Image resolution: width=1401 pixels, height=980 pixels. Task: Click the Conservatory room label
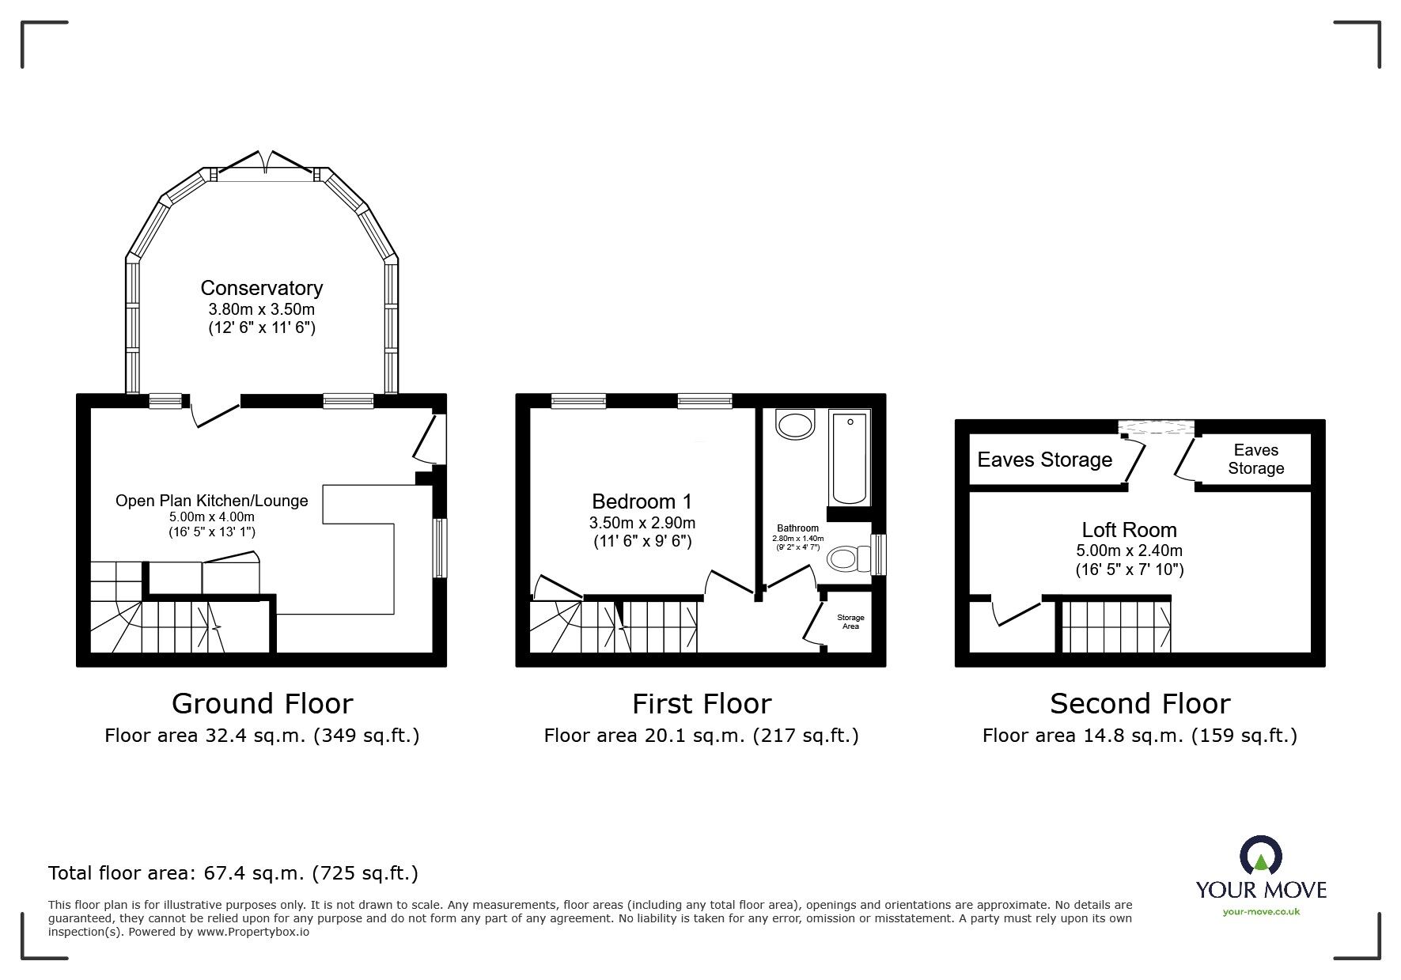261,288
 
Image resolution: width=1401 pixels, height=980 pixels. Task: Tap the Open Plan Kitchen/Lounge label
211,501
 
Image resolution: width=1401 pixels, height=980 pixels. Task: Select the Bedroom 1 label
642,501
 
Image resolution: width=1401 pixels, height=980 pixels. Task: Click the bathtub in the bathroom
849,457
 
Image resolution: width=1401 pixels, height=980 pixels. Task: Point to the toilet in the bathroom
847,560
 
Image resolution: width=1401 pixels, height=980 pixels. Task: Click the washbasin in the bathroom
795,424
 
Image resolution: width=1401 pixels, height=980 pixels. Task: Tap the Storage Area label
850,622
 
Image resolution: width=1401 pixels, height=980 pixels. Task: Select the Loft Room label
1129,530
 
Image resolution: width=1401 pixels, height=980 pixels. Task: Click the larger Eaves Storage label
1044,460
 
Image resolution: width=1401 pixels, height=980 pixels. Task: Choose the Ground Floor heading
262,703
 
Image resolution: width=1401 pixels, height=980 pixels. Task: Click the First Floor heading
701,703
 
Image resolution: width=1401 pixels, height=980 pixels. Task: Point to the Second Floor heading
1139,703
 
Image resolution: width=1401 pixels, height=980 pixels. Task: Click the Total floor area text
233,873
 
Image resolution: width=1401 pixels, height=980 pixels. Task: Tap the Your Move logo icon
1260,857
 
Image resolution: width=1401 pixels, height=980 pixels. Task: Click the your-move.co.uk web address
1261,912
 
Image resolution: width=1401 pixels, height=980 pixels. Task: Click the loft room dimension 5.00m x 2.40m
1129,551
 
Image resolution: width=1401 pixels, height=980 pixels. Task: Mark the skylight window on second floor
1159,428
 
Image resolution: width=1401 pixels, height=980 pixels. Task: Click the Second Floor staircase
1115,625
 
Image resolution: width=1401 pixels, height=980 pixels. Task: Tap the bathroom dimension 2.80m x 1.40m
797,539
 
